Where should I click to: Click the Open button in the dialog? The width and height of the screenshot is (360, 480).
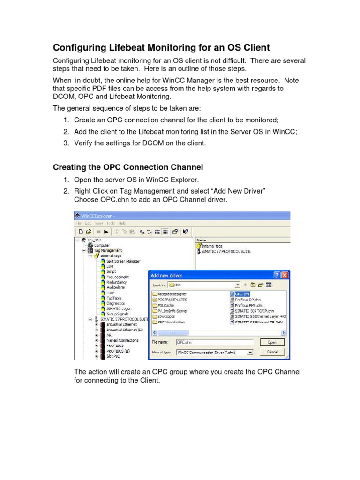[x=271, y=343]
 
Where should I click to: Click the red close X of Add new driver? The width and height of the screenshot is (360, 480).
[x=285, y=275]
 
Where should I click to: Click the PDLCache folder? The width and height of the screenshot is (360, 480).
[x=166, y=305]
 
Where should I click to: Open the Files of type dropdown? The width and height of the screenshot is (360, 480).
[x=250, y=352]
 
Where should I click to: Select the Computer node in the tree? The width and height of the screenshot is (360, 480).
[x=102, y=245]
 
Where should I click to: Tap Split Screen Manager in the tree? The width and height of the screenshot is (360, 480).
[x=123, y=261]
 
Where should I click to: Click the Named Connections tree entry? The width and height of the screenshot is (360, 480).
[x=122, y=340]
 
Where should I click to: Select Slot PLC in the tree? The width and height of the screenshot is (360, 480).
[x=114, y=356]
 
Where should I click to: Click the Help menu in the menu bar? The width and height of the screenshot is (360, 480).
[x=122, y=223]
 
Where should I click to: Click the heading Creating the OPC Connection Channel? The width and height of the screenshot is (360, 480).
[x=127, y=167]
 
